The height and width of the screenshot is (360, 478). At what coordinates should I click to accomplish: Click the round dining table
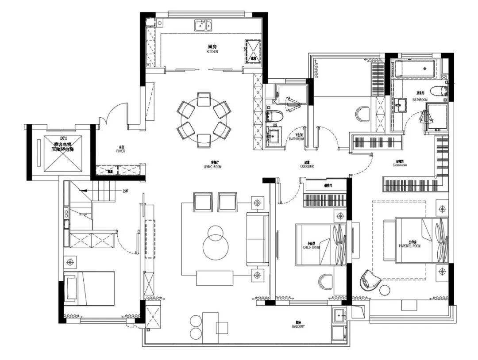(204, 119)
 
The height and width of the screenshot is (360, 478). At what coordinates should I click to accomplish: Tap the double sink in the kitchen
(204, 25)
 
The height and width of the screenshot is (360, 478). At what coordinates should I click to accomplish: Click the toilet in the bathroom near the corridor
(274, 116)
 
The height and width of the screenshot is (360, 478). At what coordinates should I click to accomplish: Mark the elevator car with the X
(63, 153)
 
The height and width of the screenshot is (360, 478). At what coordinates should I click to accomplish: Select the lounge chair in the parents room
(370, 279)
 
